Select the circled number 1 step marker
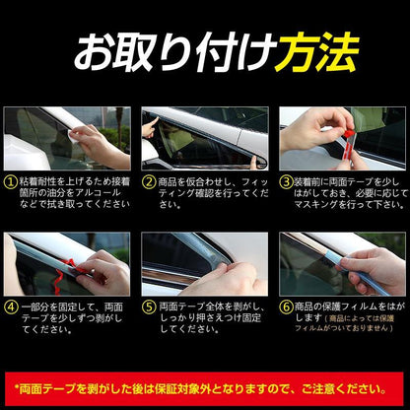click(x=9, y=181)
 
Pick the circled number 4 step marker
click(x=9, y=306)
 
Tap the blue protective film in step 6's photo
click(x=340, y=259)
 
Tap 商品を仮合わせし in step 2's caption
click(x=187, y=181)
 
